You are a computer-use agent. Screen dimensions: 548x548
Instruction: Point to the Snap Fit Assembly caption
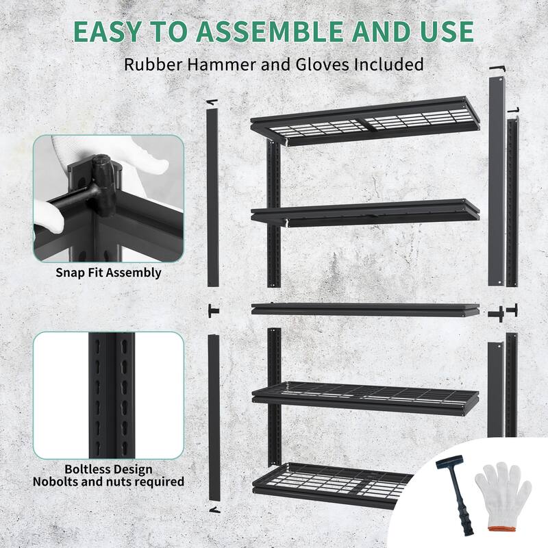coord(109,273)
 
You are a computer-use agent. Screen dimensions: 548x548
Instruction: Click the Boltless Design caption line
coord(109,469)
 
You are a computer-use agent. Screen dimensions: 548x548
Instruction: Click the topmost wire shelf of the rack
coord(365,122)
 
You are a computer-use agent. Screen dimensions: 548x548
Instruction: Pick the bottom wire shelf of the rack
coord(365,483)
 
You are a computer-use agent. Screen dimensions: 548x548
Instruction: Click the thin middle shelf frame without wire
coord(365,308)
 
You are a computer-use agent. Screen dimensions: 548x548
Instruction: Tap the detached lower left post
coord(212,418)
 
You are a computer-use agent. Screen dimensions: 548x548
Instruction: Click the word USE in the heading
coord(443,32)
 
